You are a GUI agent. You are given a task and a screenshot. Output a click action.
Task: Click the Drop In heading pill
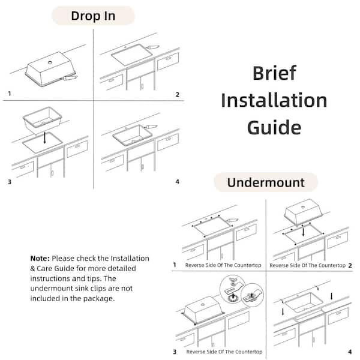(93, 16)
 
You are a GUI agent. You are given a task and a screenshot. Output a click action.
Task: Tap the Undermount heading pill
(266, 182)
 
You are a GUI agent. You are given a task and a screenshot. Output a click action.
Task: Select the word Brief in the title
(274, 73)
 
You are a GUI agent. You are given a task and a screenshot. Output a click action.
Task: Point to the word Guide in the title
(274, 127)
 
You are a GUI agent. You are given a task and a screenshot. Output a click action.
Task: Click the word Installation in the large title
(274, 100)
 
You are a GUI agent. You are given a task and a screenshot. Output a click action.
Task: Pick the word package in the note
(98, 298)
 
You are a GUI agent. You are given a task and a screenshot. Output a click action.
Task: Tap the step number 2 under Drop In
(177, 94)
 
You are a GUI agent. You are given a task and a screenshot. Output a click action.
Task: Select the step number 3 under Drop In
(10, 182)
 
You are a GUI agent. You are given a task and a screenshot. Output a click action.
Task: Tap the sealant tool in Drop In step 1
(68, 77)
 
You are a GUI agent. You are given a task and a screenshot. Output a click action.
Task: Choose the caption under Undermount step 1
(223, 265)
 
